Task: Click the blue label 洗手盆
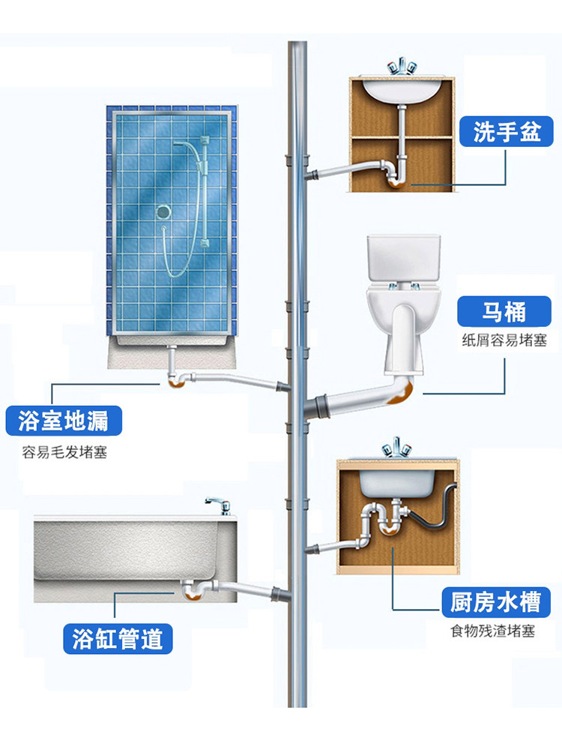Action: tap(506, 131)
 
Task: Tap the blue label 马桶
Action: tap(504, 311)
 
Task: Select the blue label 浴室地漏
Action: tap(64, 421)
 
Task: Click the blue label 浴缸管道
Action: tap(118, 638)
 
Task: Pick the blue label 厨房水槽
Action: tap(495, 601)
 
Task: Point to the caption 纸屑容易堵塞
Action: tap(504, 340)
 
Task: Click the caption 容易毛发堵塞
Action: tap(64, 452)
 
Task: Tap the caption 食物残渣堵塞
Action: tap(493, 631)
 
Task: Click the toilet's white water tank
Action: tap(403, 258)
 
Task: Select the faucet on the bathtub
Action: tap(219, 505)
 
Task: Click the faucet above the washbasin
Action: tap(400, 67)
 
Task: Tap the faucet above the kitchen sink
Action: tap(396, 447)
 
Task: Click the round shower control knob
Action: tap(163, 211)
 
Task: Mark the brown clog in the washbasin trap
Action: tap(396, 182)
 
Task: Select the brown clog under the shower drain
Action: tap(177, 381)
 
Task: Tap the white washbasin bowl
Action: tap(401, 91)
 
